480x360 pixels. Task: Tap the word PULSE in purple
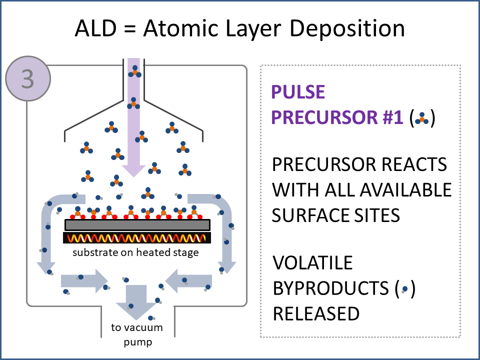coord(298,92)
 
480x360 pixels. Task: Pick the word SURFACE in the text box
coord(309,214)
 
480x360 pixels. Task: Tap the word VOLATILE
coord(312,262)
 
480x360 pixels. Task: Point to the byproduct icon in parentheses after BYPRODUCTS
coord(404,289)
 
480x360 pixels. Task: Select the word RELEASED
coord(315,313)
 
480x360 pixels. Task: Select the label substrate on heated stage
coord(135,252)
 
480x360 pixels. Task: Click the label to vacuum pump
coord(136,335)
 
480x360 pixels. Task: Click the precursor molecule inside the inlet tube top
coord(133,71)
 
